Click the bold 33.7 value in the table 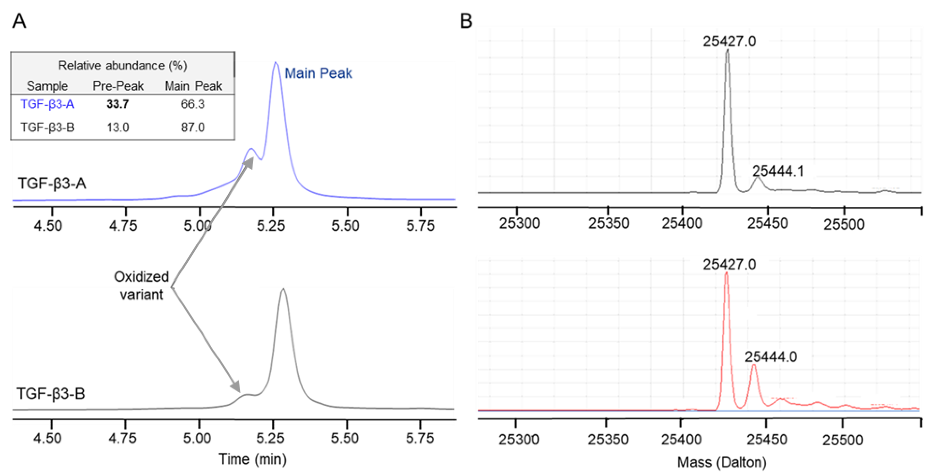click(117, 104)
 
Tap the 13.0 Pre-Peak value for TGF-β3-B click(117, 127)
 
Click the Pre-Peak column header click(118, 86)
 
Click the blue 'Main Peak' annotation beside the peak click(318, 73)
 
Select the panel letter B click(466, 21)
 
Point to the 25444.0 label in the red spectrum click(771, 357)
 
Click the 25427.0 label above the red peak click(729, 264)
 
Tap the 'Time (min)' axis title click(252, 459)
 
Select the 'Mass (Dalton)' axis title click(722, 462)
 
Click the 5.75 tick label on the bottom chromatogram click(420, 438)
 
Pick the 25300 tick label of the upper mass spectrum click(519, 223)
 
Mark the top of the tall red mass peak click(726, 273)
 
